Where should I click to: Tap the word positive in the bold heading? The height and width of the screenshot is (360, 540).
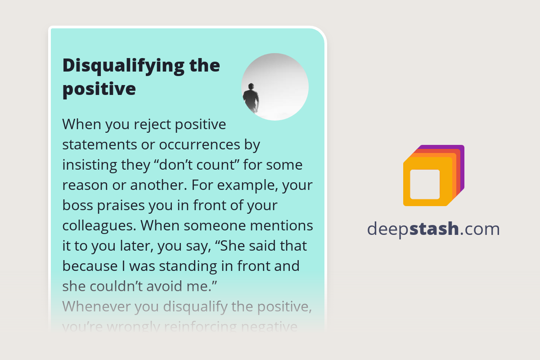tap(99, 89)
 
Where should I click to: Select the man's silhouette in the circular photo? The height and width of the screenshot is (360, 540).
tap(251, 97)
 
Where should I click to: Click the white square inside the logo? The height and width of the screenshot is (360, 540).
tap(425, 184)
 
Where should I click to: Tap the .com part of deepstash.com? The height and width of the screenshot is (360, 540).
tap(480, 229)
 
